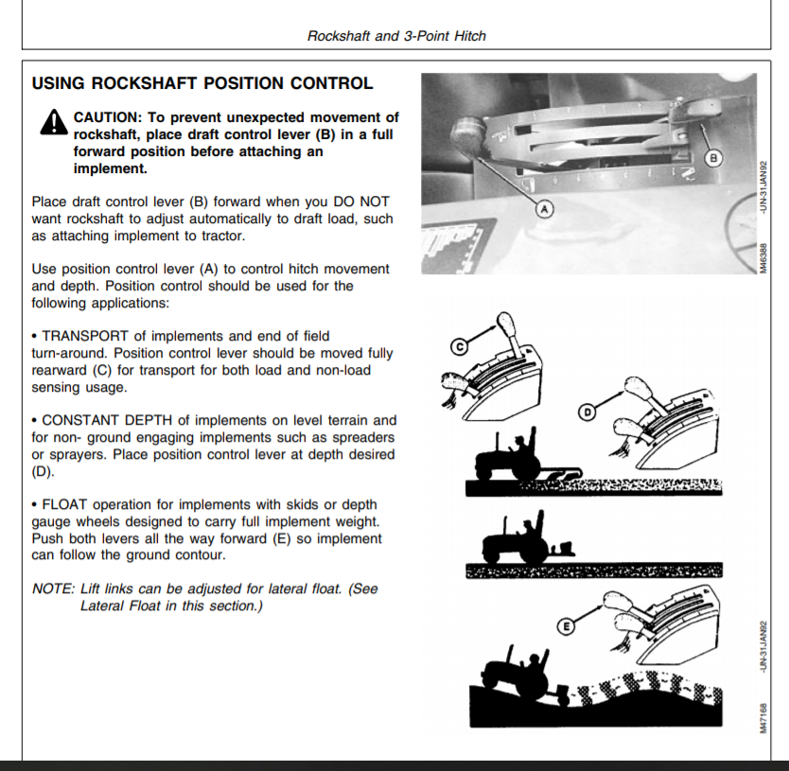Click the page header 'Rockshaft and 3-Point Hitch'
396,36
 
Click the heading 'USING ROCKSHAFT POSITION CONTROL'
202,83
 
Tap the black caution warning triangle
52,123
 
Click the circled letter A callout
544,209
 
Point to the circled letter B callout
714,156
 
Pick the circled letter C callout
458,348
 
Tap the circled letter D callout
587,412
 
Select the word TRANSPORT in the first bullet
84,336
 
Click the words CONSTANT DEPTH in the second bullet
106,420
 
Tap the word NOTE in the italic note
52,588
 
